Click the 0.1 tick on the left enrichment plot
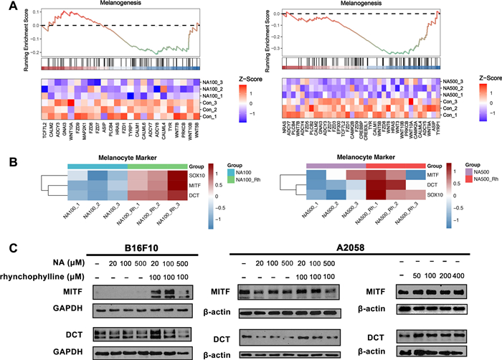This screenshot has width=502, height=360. click(x=36, y=10)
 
